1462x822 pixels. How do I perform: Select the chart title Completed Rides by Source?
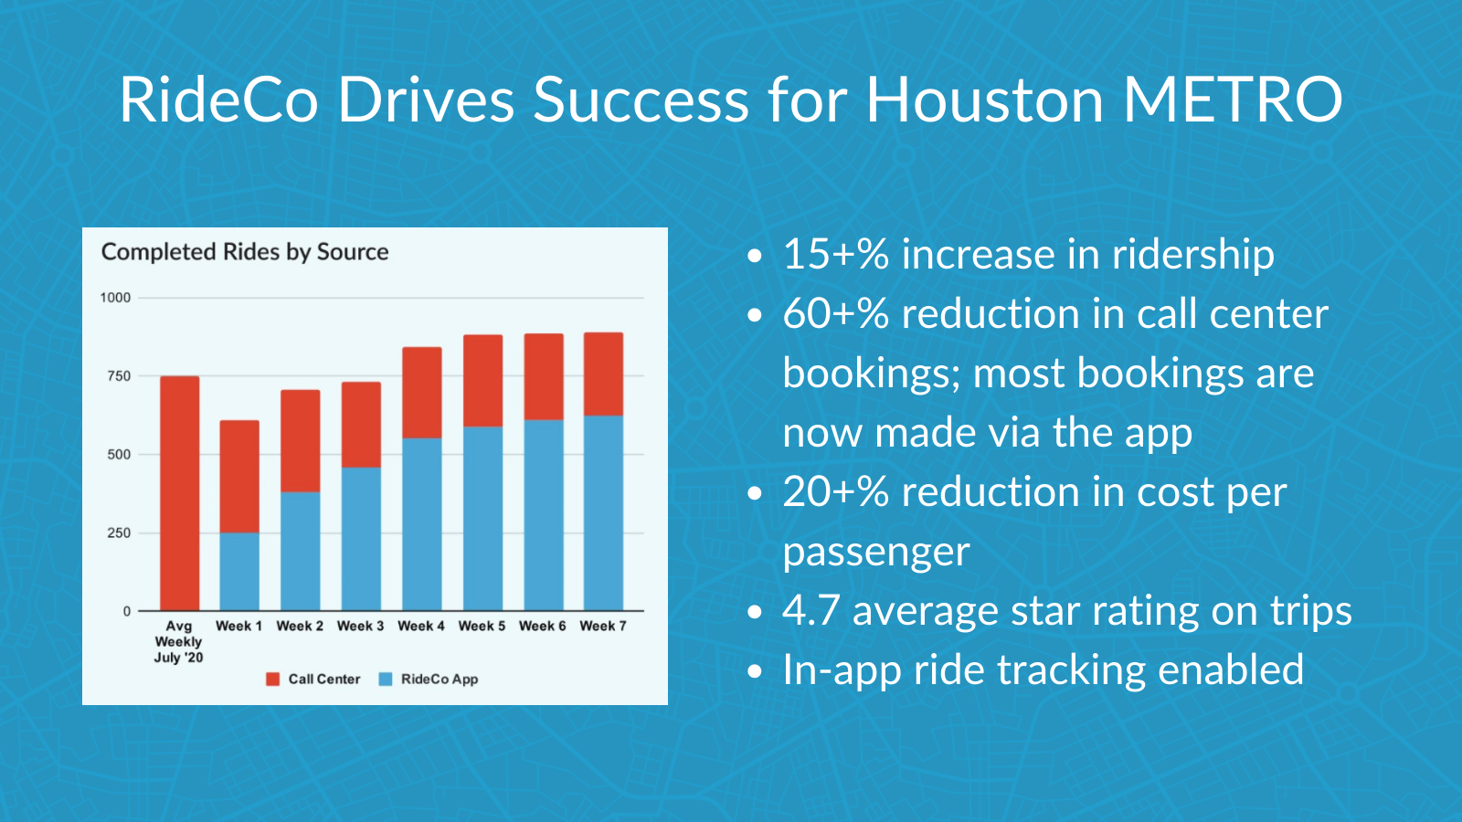coord(245,252)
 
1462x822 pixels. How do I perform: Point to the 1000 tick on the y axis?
coord(115,298)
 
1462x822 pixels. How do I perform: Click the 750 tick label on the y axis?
coord(119,375)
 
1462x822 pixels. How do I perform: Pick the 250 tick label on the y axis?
coord(119,532)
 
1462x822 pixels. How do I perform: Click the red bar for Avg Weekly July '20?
coord(179,493)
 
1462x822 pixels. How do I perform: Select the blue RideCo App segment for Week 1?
coord(239,571)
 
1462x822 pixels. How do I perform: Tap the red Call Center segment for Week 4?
coord(421,393)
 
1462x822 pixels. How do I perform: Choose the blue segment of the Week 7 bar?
coord(603,512)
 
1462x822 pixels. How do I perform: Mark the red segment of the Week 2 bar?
coord(300,441)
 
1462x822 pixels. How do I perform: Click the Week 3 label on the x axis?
coord(360,626)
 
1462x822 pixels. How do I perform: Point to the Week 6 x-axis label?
coord(542,626)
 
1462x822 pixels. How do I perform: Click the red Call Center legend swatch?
coord(272,680)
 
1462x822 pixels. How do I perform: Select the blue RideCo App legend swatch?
coord(386,680)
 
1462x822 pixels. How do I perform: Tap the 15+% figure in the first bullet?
coord(835,254)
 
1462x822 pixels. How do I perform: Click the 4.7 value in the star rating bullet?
coord(810,610)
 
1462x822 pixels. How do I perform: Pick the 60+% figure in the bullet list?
coord(835,313)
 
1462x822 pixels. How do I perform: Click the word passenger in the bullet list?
coord(875,551)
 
